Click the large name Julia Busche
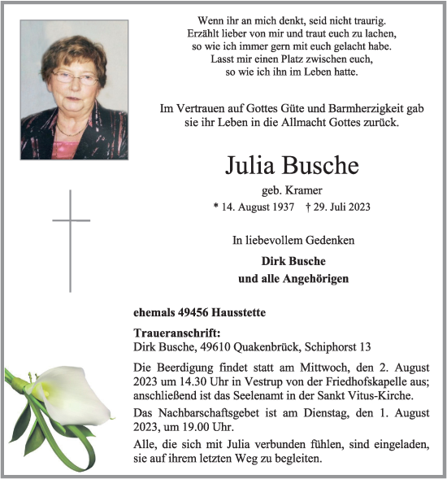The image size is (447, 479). point(291,165)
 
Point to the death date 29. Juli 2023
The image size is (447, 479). point(342,207)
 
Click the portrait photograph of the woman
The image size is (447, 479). point(74,89)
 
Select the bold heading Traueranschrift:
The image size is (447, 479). point(176,333)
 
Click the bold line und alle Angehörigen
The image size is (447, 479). point(293,279)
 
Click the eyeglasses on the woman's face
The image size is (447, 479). point(73,78)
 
